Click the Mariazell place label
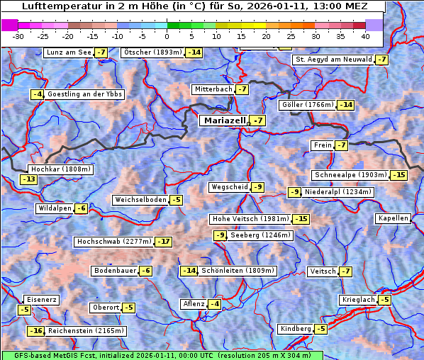(x=225, y=120)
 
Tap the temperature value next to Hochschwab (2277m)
(x=164, y=242)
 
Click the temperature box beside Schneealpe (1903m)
(x=400, y=175)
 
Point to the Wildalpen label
(x=55, y=208)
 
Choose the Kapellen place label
(x=394, y=218)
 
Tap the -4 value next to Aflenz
(x=213, y=304)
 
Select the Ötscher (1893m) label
(x=152, y=52)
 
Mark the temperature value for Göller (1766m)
(x=345, y=105)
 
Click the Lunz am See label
(x=68, y=52)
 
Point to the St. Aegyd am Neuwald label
(x=333, y=60)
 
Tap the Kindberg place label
(x=296, y=329)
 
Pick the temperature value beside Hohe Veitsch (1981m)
(x=301, y=219)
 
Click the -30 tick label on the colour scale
(x=18, y=36)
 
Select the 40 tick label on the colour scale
(x=365, y=36)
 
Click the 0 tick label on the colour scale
(x=167, y=36)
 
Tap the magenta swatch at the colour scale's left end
(x=9, y=25)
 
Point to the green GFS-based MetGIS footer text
(x=162, y=355)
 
